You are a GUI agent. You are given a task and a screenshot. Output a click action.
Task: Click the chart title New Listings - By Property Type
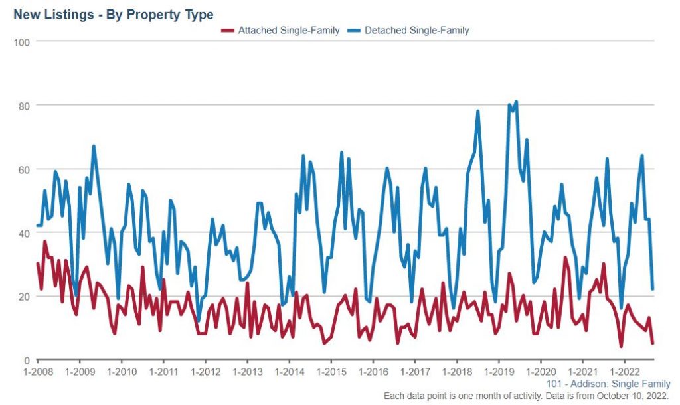[x=114, y=15]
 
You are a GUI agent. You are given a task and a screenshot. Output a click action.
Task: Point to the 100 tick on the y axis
[x=24, y=41]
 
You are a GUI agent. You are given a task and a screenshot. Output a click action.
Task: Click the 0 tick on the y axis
[x=28, y=360]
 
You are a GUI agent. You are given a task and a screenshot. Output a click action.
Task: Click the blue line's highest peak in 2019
[x=516, y=102]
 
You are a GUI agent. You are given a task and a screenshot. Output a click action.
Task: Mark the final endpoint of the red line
[x=653, y=343]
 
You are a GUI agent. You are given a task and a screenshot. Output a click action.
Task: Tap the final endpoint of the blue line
[x=653, y=289]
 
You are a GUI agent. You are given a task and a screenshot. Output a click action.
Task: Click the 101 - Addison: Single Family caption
[x=608, y=384]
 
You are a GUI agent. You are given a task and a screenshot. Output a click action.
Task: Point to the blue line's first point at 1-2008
[x=37, y=226]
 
